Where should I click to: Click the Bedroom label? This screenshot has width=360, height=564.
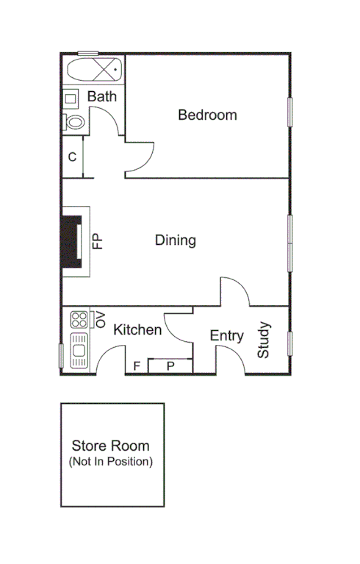207,115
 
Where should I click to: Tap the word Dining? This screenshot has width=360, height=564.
175,240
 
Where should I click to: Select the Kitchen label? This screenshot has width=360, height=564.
137,330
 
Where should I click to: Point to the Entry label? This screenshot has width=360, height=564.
226,336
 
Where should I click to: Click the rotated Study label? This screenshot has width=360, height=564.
264,340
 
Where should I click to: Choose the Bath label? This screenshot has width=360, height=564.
102,96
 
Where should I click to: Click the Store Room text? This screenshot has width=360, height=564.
110,446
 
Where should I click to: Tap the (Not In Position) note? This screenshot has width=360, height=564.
110,462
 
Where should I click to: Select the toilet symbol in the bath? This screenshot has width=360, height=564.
74,122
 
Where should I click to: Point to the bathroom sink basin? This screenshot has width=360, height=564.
71,98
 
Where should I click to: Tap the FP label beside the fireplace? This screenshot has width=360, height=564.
97,242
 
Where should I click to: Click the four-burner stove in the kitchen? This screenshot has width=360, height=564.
79,318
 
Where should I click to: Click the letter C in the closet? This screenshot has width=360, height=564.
72,157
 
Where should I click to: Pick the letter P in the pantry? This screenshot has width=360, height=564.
170,365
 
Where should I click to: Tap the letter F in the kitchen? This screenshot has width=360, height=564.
137,365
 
